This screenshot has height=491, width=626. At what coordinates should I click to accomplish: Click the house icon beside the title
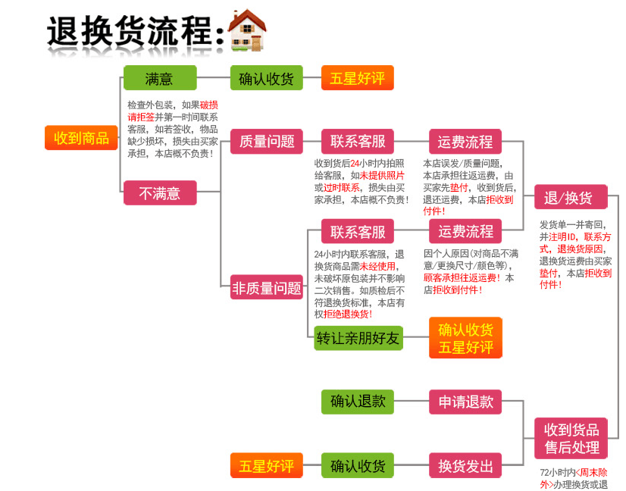pos(247,30)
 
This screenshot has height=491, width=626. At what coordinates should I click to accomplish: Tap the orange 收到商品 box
pos(81,138)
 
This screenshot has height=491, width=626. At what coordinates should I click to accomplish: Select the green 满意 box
pos(160,78)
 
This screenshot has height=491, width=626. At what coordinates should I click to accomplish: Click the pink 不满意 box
pos(160,192)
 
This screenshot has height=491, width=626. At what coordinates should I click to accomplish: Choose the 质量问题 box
pos(267,141)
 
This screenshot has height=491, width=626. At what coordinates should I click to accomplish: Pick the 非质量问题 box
pos(267,287)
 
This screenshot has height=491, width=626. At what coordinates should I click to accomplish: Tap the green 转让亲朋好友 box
pos(358,338)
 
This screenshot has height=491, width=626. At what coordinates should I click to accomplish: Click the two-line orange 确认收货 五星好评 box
pos(465,338)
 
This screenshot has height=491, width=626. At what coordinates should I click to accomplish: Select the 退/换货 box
pos(571,197)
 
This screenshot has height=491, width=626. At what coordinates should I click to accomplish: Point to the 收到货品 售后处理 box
pos(571,438)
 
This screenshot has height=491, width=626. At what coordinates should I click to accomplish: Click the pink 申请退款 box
pos(465,402)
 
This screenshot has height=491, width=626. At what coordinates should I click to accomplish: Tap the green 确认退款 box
pos(358,402)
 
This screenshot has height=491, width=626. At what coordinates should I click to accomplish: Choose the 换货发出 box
pos(465,465)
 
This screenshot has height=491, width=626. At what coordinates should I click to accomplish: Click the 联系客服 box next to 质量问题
pos(358,141)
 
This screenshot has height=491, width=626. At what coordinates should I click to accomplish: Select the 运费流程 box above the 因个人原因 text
pos(465,231)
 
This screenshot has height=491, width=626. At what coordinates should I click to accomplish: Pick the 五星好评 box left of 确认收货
pos(267,465)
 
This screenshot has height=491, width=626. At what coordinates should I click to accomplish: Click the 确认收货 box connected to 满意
pos(267,78)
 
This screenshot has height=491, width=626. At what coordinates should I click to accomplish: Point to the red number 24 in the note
pos(355,163)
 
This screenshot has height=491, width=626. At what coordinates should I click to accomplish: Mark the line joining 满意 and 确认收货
pos(214,77)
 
